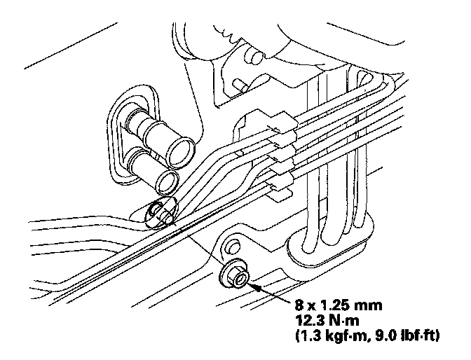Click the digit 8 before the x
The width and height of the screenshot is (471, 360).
tap(299, 306)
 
